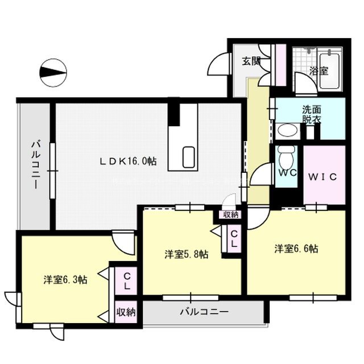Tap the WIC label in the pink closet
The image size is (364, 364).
tap(323, 176)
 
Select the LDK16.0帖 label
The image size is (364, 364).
tap(129, 162)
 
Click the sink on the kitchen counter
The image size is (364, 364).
tap(188, 156)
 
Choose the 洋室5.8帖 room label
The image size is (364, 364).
tap(186, 254)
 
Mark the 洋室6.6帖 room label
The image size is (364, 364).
tap(296, 249)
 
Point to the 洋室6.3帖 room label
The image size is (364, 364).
tap(65, 279)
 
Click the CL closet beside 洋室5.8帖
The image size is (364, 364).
tap(234, 238)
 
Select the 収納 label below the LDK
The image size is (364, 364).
tap(230, 214)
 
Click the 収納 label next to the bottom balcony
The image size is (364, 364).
tap(126, 312)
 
